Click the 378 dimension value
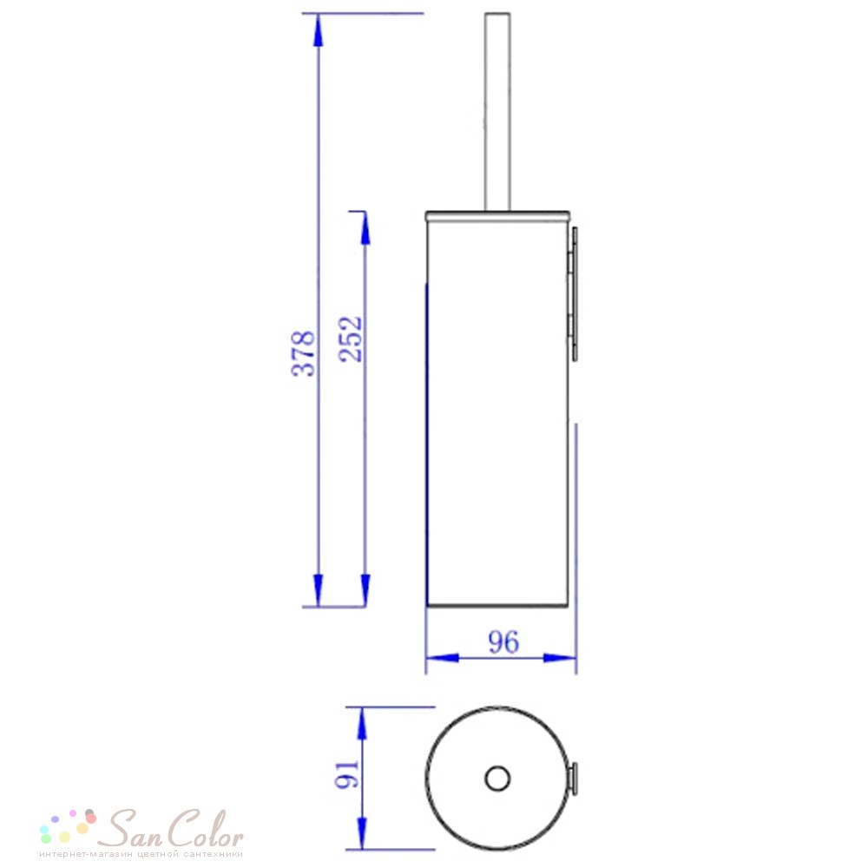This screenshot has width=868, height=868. (303, 354)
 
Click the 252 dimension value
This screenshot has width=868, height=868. (351, 339)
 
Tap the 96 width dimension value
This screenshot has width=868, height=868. (503, 642)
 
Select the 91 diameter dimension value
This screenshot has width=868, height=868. (347, 774)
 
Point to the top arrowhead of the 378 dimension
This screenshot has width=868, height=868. (318, 30)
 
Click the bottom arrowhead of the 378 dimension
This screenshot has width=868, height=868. (318, 590)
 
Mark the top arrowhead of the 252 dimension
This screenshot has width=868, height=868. (365, 228)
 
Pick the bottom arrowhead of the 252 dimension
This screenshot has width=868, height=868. (365, 590)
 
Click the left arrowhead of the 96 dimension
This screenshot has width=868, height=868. (443, 658)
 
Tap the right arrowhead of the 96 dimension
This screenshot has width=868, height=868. (560, 658)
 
